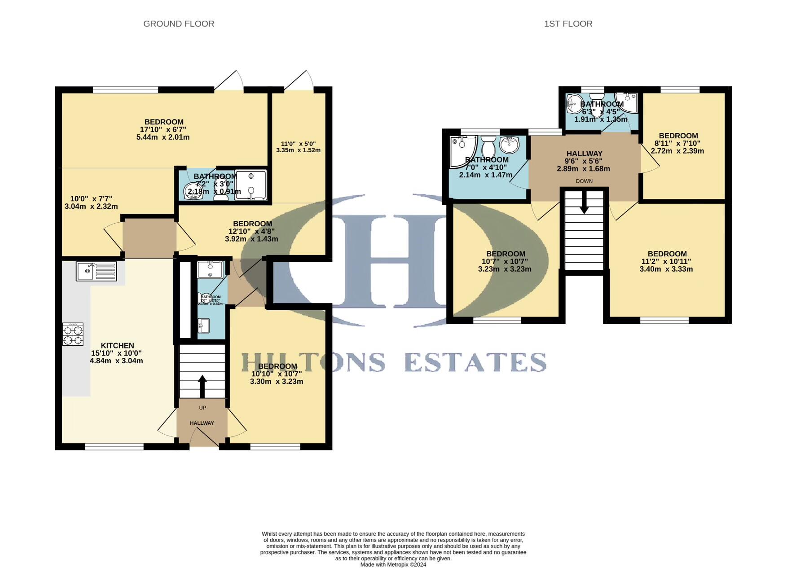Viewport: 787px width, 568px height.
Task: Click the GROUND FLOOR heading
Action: (179, 24)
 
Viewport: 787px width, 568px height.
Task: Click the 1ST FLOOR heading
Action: (568, 24)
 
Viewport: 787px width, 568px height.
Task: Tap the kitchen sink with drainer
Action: (97, 271)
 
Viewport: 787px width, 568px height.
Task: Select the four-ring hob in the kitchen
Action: (73, 335)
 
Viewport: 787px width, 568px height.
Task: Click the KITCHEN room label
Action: (117, 346)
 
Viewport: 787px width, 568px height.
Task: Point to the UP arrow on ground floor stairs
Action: (202, 385)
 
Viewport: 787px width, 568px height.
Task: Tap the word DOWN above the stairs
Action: (584, 181)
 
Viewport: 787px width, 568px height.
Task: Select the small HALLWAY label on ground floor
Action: (202, 423)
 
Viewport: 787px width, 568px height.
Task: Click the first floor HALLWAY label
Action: (584, 154)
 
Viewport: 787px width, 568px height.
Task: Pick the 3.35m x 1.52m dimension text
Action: (298, 150)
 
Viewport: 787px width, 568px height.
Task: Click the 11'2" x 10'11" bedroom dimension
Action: (666, 261)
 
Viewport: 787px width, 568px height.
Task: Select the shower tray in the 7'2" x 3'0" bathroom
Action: (251, 185)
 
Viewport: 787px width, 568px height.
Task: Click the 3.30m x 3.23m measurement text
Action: (277, 382)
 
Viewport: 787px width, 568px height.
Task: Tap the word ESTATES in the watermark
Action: (475, 362)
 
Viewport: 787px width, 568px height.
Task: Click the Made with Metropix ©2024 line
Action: (393, 564)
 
